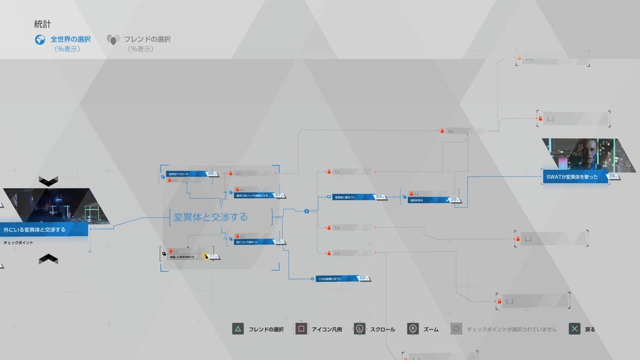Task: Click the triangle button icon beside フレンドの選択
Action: (x=237, y=329)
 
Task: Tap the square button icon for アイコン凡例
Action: (x=301, y=329)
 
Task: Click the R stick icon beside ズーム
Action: (x=412, y=329)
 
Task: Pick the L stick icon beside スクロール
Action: (x=359, y=329)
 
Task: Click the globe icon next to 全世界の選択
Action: (x=41, y=39)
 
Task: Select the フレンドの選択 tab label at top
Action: (x=147, y=39)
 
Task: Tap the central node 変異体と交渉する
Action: (x=211, y=217)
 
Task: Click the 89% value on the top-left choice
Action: (x=211, y=173)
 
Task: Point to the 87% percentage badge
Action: (x=279, y=195)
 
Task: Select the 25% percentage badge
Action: (x=279, y=241)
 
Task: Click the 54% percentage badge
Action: (x=379, y=197)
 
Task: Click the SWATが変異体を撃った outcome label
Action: (x=572, y=177)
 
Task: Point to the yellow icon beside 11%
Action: (x=204, y=256)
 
